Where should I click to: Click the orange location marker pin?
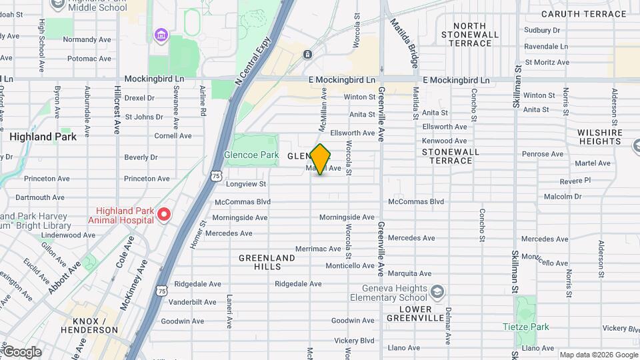tap(321, 159)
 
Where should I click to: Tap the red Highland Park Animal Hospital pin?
tap(164, 215)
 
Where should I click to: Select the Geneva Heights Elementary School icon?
tap(437, 292)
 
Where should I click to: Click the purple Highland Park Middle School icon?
tap(160, 35)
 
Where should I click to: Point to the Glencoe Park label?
tap(251, 155)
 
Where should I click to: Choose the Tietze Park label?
tap(526, 327)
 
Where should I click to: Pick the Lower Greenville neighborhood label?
tap(412, 313)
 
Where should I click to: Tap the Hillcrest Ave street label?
tap(117, 109)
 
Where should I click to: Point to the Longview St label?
tap(246, 184)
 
